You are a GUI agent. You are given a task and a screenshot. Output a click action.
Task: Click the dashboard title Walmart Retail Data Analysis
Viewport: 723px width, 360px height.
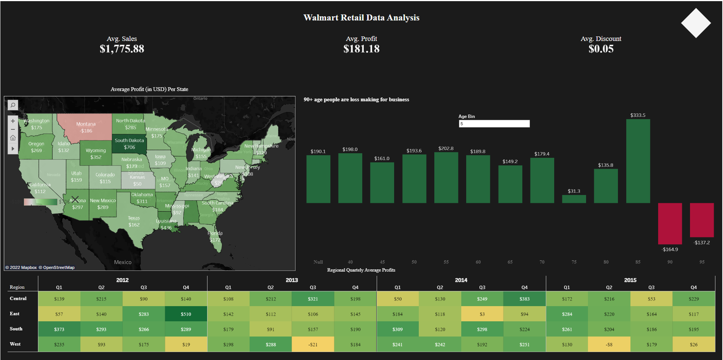361,18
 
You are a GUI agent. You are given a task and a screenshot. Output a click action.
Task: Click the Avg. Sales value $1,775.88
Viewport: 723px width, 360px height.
122,49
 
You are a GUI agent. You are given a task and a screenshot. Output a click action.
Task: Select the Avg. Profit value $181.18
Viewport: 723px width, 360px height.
361,49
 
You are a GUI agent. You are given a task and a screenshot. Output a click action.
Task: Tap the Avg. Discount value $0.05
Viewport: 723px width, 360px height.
601,49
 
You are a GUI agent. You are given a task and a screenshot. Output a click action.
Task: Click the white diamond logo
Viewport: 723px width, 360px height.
696,23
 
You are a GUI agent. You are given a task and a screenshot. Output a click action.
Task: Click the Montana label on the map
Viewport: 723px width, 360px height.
86,124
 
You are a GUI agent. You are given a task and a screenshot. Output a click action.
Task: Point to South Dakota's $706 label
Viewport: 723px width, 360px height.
129,147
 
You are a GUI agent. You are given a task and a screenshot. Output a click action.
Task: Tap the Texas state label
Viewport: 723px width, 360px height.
134,218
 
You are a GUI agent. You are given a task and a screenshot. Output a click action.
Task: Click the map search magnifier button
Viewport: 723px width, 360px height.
13,105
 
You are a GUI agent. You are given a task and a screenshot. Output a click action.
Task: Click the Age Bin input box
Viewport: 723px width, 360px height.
494,124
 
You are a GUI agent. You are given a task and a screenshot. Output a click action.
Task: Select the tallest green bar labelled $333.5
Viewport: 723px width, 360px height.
638,161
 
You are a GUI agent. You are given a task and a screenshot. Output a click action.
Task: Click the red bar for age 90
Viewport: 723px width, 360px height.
670,223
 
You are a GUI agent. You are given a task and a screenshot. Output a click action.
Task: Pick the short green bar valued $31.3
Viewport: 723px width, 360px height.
574,199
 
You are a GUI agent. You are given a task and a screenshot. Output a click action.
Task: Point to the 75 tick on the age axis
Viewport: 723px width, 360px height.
574,262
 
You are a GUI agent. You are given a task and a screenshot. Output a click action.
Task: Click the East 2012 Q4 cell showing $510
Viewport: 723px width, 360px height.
186,314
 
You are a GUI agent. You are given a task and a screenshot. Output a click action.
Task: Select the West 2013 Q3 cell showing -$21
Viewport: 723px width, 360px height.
313,344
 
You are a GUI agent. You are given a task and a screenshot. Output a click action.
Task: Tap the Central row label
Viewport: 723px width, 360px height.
18,299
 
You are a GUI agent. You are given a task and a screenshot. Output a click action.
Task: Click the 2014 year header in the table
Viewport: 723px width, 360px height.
461,280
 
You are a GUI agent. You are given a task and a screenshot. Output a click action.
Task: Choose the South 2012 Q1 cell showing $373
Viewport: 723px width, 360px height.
59,329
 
